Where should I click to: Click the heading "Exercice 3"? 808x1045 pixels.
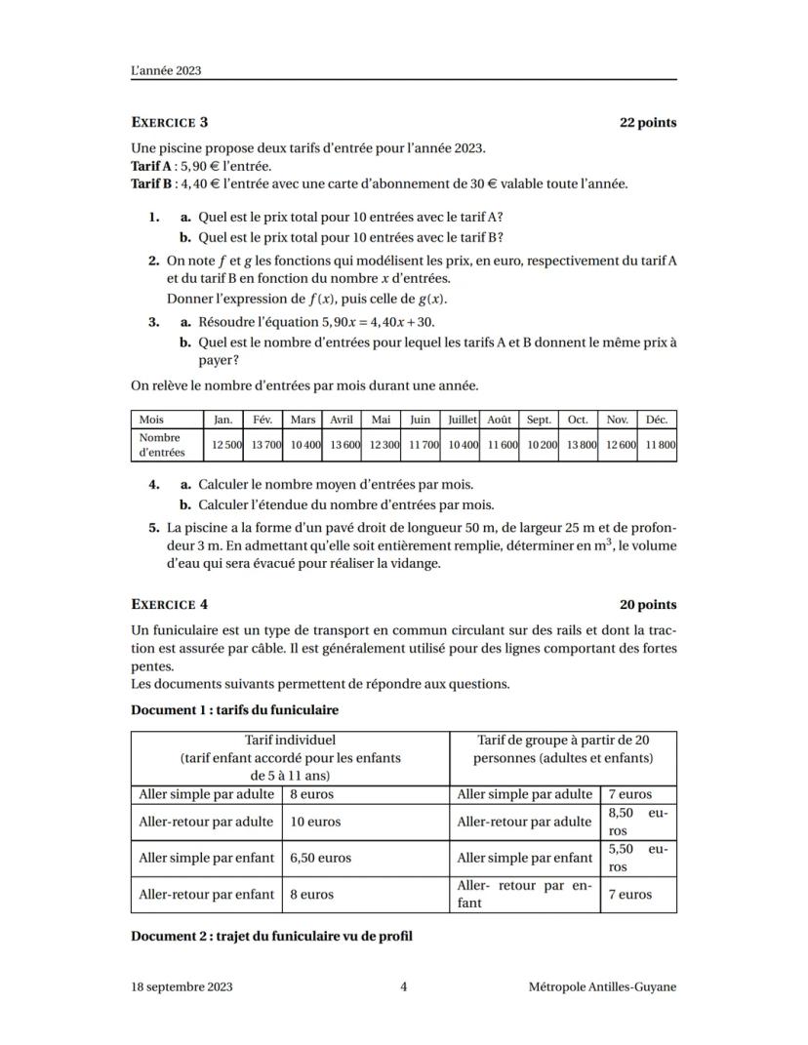169,123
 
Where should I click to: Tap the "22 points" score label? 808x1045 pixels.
648,123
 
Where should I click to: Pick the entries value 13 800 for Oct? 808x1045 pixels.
578,445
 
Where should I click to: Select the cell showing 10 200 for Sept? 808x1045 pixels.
539,445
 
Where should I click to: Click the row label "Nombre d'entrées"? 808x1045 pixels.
162,445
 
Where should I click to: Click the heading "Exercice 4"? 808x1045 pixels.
169,605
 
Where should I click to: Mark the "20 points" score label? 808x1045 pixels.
648,605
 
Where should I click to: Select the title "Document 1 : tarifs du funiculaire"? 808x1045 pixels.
234,709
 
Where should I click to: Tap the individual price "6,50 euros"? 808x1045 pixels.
320,858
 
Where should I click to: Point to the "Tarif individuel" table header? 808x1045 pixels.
290,741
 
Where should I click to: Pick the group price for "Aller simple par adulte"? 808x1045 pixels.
630,794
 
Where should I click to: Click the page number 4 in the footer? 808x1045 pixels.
404,986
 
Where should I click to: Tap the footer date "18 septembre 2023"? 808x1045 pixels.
182,986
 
